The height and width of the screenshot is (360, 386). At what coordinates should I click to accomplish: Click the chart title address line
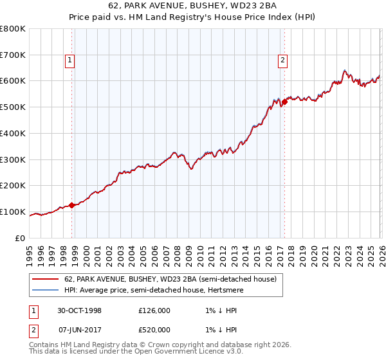[x=193, y=6]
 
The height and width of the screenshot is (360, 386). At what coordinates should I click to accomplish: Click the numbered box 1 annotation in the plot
[x=69, y=61]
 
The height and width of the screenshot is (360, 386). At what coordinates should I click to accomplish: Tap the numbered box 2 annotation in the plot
[x=282, y=61]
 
